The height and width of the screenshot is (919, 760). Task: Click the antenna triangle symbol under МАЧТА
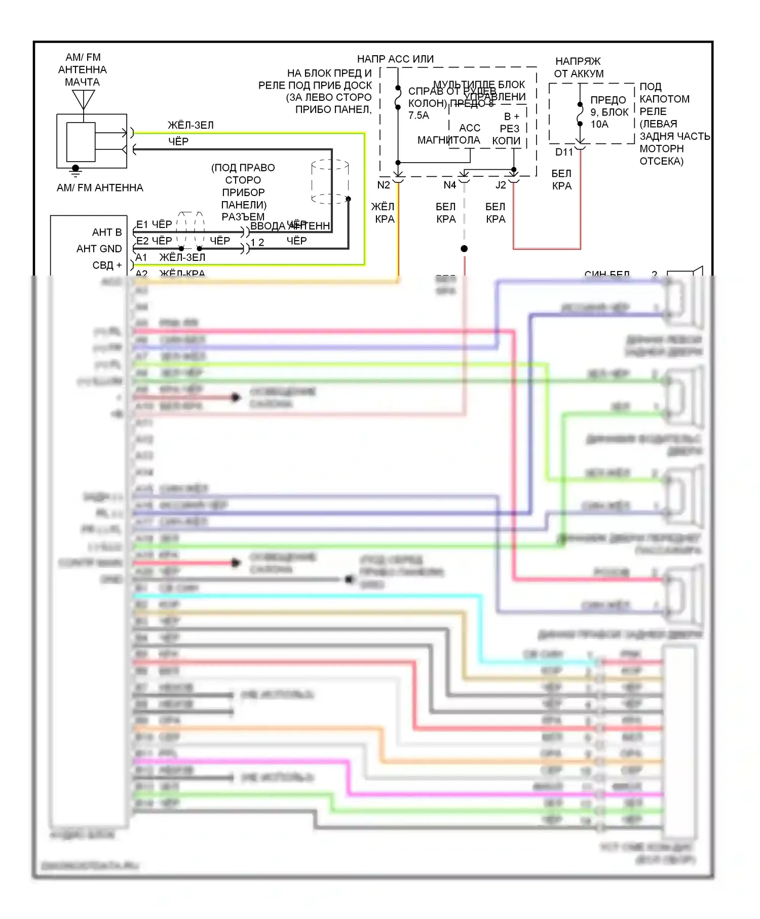(x=83, y=99)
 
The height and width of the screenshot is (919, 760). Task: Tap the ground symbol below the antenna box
(x=75, y=171)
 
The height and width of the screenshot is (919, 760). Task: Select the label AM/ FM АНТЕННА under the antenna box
(x=100, y=188)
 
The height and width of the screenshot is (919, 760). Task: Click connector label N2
(x=384, y=185)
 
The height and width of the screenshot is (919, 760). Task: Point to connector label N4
(x=449, y=185)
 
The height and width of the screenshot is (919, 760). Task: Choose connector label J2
(x=501, y=185)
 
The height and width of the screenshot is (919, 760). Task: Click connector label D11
(x=563, y=152)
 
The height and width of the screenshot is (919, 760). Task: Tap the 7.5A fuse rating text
(x=419, y=116)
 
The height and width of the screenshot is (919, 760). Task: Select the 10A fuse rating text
(x=599, y=124)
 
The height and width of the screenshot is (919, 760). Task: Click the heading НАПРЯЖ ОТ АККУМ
(x=578, y=67)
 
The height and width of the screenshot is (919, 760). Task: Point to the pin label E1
(x=142, y=224)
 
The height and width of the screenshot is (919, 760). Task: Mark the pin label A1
(x=141, y=257)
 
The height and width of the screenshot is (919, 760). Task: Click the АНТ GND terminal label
(x=99, y=249)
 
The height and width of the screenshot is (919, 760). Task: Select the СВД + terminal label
(x=107, y=265)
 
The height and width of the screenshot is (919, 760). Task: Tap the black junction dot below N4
(x=464, y=249)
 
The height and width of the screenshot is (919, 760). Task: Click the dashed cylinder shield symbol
(x=330, y=182)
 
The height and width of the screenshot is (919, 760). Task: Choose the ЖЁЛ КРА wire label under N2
(x=384, y=213)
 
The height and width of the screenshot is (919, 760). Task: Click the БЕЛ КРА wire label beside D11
(x=561, y=180)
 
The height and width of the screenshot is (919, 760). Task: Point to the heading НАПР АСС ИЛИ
(x=395, y=59)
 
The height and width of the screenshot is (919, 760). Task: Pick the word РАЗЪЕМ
(x=243, y=217)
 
